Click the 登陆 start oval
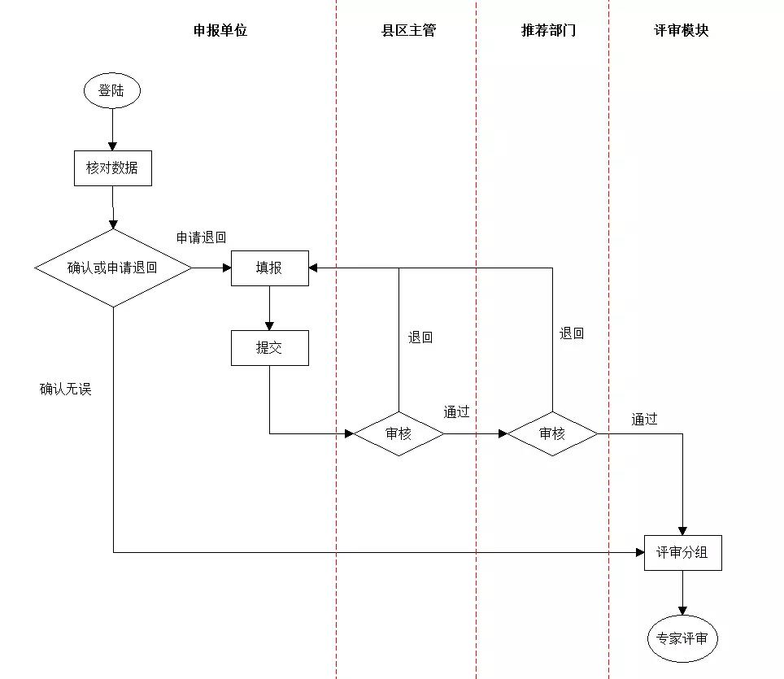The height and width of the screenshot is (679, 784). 111,91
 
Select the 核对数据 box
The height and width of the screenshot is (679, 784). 112,168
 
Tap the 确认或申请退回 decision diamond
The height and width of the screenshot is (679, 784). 113,268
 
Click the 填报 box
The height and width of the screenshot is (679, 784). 269,268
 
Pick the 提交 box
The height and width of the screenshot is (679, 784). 269,347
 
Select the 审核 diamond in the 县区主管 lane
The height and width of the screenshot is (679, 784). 399,433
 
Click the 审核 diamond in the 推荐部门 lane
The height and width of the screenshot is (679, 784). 552,433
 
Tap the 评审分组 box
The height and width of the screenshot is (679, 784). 682,553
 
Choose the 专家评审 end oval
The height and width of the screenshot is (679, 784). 682,639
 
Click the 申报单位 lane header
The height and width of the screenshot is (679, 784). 220,31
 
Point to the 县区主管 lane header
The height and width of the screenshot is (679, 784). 409,31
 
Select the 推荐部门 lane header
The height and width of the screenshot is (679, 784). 549,31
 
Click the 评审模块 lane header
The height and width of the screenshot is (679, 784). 682,31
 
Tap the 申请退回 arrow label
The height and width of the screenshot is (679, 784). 201,237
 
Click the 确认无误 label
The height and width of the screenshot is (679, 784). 66,389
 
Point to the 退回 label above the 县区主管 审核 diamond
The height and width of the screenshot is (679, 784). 420,337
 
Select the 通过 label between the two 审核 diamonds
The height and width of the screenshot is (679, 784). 456,411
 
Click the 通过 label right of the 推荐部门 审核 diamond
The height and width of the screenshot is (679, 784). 644,420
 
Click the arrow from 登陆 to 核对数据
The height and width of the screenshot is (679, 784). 112,129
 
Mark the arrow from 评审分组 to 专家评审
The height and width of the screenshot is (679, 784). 682,593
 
